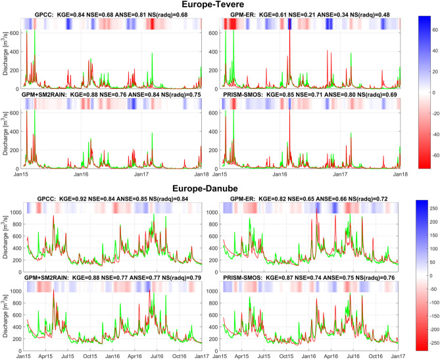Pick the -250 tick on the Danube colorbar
[x=433, y=342]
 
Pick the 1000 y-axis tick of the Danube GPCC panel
[x=14, y=213]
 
